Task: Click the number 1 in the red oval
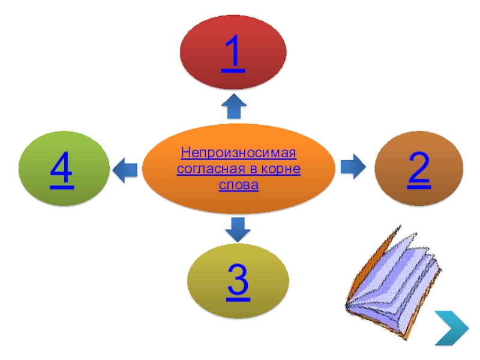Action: tap(233, 53)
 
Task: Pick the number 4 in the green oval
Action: tap(62, 170)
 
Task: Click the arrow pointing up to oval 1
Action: tap(233, 106)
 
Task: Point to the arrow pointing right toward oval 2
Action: tap(353, 166)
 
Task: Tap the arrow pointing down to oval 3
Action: tap(238, 230)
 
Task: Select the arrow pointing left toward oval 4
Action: tap(125, 170)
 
